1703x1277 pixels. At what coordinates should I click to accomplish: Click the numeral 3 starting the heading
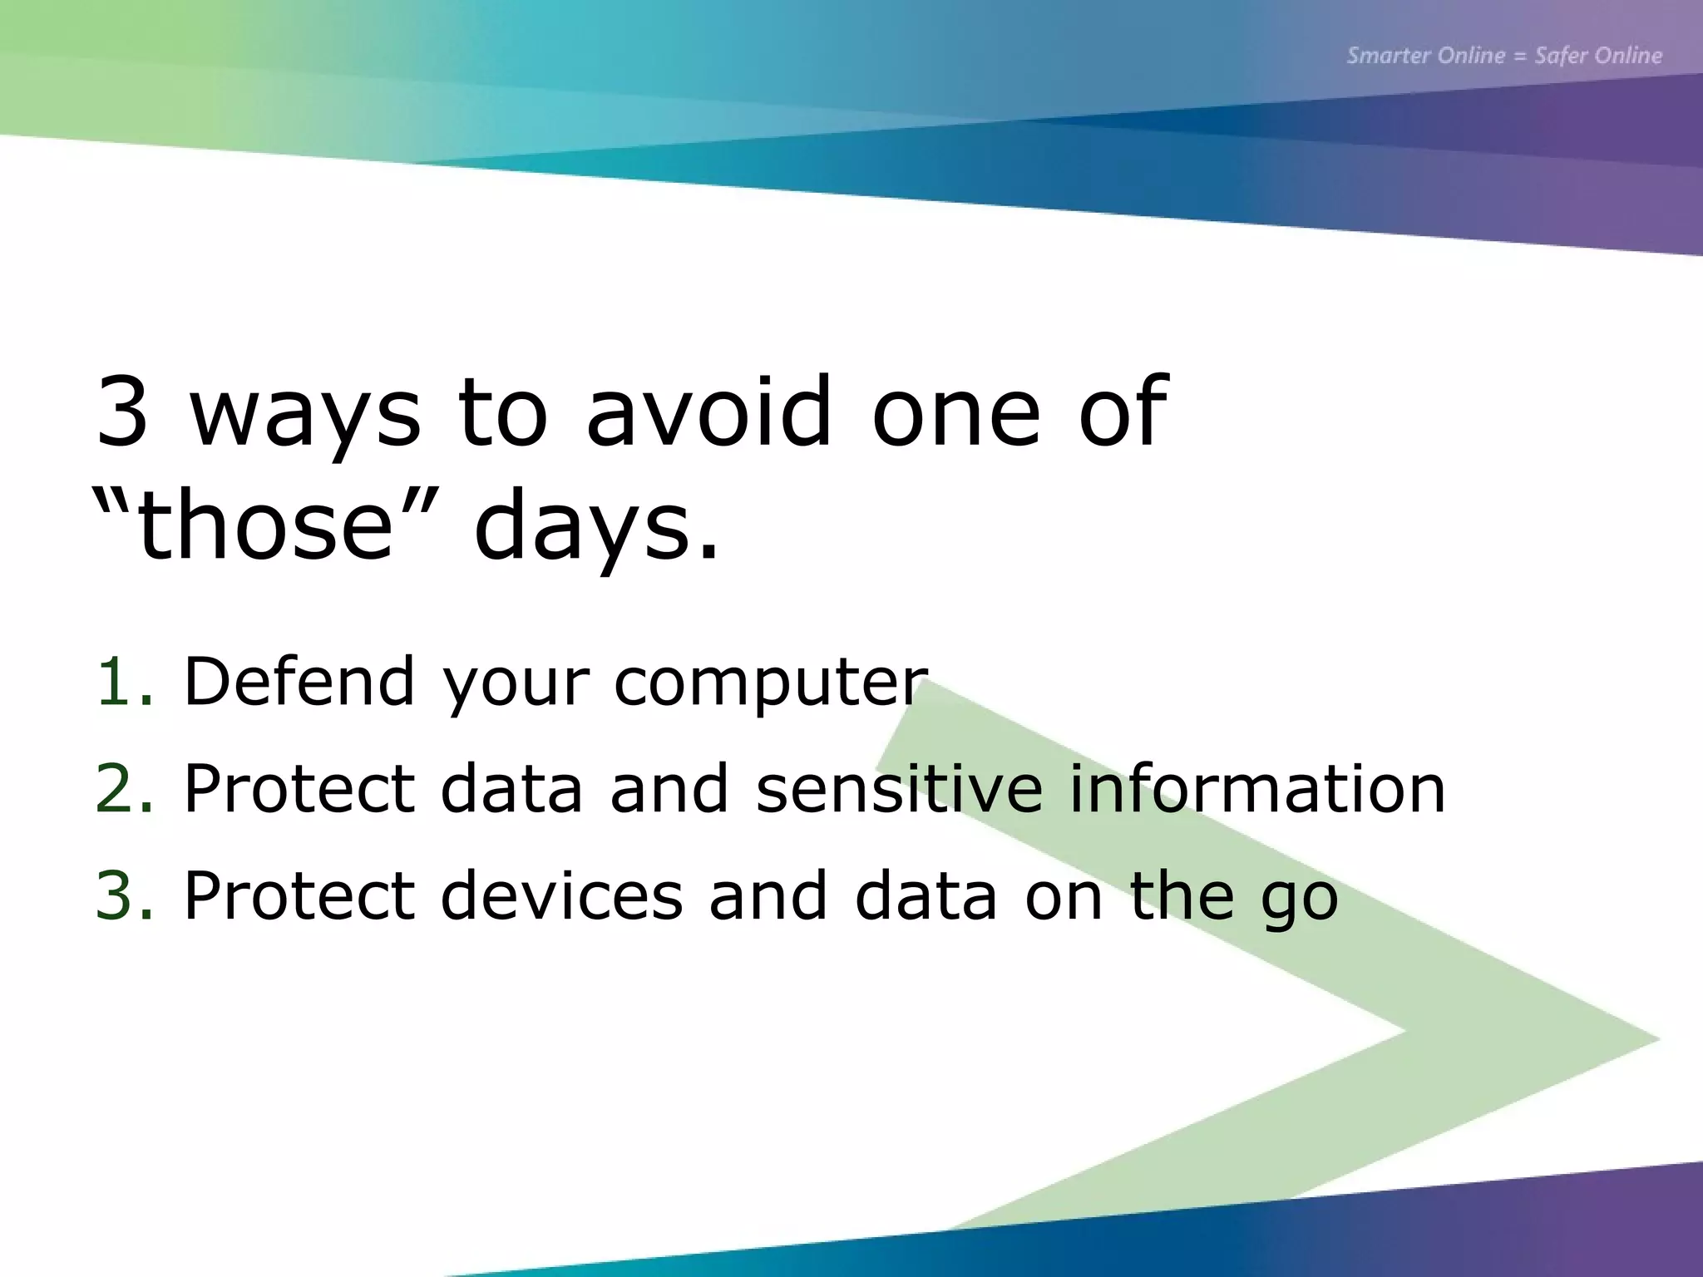[122, 412]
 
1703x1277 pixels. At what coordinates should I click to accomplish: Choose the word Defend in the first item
[299, 682]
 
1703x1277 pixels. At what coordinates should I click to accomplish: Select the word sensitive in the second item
[899, 788]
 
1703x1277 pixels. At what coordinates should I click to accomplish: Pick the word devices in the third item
[561, 895]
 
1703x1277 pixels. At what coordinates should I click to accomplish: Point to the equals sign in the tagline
[1520, 57]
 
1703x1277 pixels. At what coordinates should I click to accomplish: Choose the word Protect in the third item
[299, 895]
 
